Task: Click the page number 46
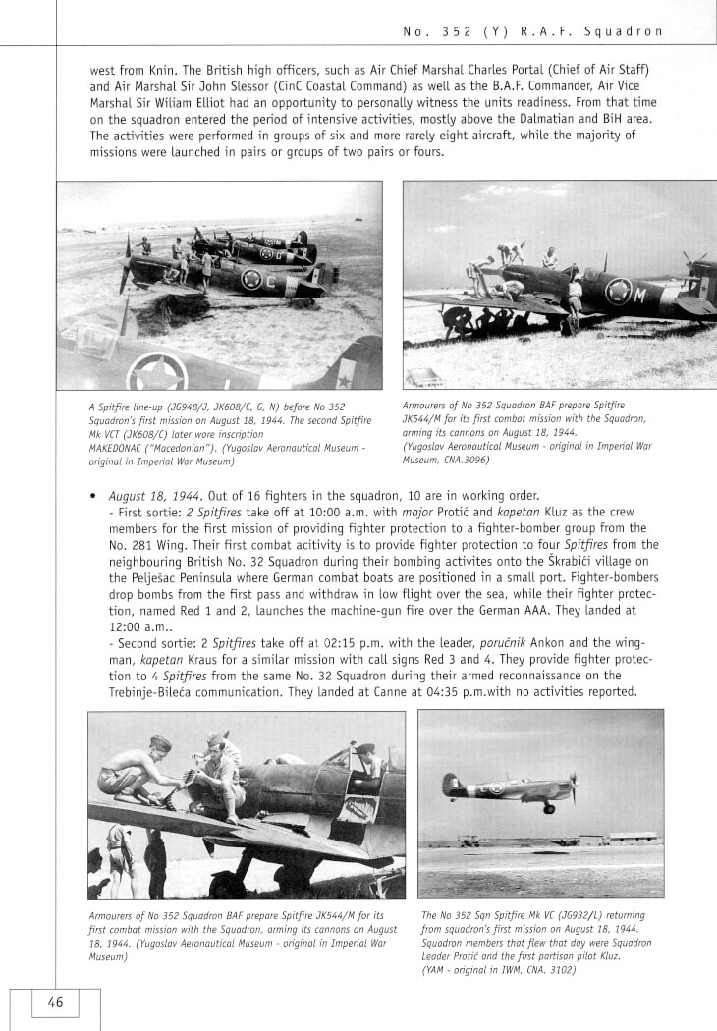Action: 55,1003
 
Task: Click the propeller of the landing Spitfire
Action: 572,787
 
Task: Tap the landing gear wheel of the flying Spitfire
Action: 549,808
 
